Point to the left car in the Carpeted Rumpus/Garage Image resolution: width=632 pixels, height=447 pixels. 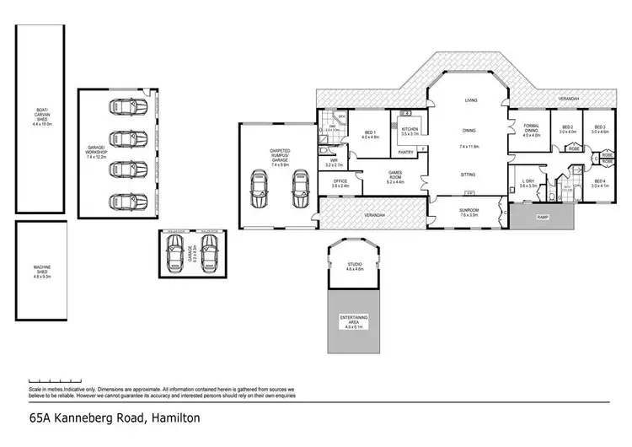coord(259,190)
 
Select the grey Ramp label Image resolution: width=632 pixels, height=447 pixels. coord(542,218)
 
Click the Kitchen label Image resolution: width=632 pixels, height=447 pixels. coord(410,131)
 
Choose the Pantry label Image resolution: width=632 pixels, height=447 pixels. coord(405,153)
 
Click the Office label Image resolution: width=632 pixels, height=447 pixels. coord(340,182)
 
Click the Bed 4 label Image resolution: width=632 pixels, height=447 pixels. coord(599,183)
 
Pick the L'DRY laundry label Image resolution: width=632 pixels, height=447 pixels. coord(528,183)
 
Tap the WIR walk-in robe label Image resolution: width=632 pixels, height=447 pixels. coord(334,162)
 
